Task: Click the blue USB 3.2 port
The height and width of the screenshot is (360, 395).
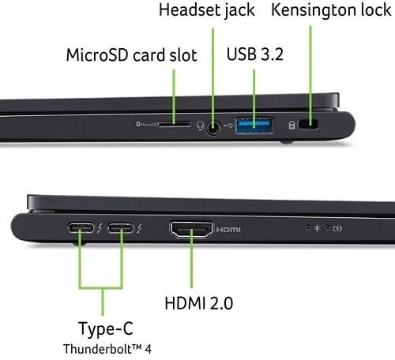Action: pos(254,125)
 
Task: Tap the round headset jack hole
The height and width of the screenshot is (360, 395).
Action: pos(213,127)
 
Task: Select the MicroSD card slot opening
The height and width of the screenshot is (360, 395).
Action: pos(175,124)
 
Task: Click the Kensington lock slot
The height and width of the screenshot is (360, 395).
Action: pos(307,124)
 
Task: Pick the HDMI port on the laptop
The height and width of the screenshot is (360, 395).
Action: pos(191,230)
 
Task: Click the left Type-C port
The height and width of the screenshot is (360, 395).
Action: pos(81,228)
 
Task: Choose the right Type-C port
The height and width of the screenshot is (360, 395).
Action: pos(120,228)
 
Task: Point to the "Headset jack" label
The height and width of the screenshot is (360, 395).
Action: pos(207,10)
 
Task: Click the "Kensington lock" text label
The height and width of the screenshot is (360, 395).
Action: pos(331,10)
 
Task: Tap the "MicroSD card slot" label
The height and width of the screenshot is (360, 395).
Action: pos(131,55)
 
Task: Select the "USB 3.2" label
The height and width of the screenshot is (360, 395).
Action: pos(255,54)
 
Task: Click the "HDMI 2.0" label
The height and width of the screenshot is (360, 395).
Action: pos(199,303)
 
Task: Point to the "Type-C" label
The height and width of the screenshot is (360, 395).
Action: pos(106,328)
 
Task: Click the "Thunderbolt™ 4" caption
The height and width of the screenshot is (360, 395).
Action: pos(107,349)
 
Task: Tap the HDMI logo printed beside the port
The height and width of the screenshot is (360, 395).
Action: pos(228,230)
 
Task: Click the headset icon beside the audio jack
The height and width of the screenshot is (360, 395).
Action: pos(201,126)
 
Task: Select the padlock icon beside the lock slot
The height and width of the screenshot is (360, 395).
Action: pos(292,125)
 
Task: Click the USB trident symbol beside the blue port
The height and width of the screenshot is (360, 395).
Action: pos(228,126)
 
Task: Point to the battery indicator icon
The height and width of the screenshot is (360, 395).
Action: pos(337,228)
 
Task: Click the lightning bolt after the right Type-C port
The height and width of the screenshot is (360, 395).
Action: pos(139,228)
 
